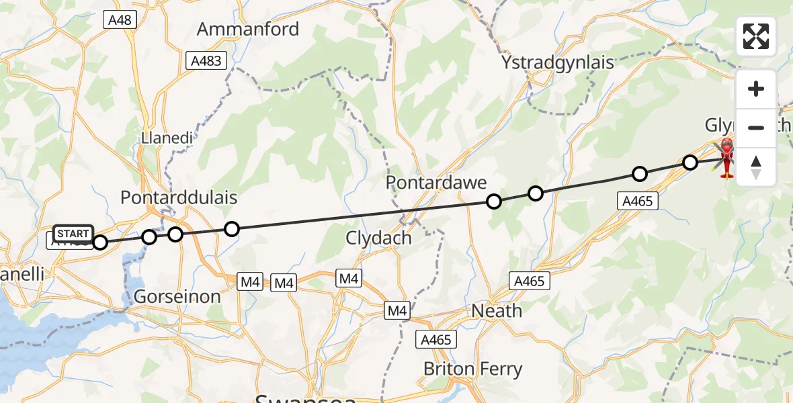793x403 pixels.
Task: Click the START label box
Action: click(73, 234)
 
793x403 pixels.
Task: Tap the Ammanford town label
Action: click(247, 30)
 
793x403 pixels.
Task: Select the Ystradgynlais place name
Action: click(558, 62)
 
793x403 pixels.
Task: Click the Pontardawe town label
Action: click(435, 183)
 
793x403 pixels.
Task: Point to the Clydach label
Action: click(378, 237)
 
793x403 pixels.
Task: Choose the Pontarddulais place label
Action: click(178, 197)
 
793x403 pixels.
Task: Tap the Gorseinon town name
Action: click(177, 296)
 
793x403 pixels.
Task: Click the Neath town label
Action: click(497, 310)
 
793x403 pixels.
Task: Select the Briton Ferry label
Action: click(472, 369)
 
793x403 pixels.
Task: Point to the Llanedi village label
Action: click(167, 138)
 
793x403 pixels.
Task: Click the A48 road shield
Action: click(121, 20)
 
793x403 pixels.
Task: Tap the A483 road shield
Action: click(206, 61)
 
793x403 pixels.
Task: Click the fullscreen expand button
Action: click(756, 36)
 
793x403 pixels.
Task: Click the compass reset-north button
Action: click(756, 167)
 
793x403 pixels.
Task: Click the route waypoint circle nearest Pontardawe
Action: click(494, 201)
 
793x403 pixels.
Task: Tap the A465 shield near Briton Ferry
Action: click(435, 340)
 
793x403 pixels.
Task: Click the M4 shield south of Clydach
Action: click(349, 278)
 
